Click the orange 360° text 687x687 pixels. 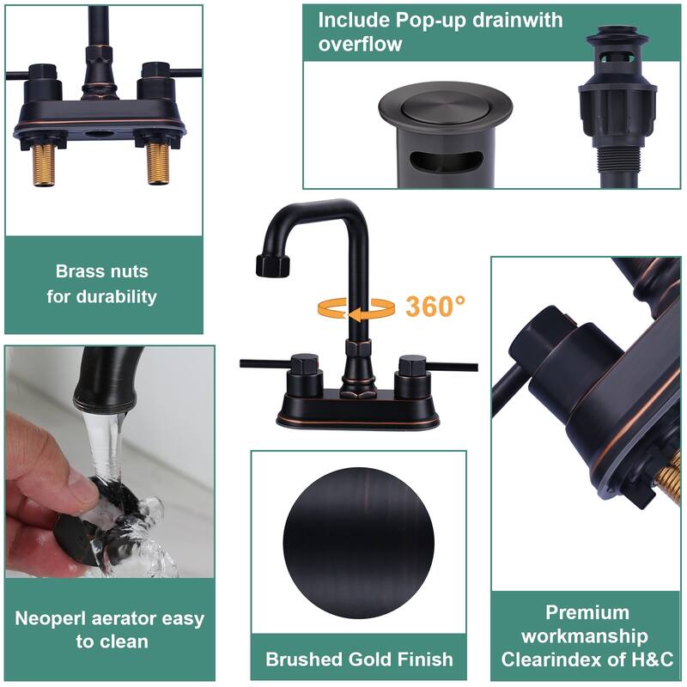coord(435,306)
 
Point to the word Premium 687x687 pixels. coord(587,612)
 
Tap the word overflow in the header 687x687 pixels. coord(360,44)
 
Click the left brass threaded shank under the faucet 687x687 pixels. coord(45,164)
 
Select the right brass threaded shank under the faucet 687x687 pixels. coord(158,163)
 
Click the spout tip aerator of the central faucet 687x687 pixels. coord(272,265)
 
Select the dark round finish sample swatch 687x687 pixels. coord(358,544)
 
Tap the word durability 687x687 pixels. coord(117,296)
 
